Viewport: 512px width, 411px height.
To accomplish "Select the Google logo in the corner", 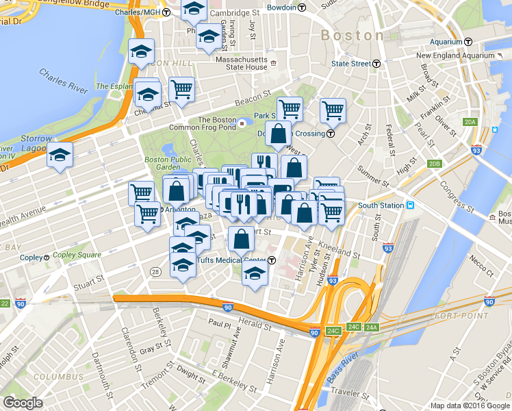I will [23, 403].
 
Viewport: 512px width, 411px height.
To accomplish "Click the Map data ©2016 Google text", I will [470, 406].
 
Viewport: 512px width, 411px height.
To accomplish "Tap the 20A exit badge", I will [469, 122].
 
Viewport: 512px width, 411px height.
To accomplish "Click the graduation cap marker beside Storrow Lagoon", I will [60, 156].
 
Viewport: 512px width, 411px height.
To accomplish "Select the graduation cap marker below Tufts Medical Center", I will [255, 275].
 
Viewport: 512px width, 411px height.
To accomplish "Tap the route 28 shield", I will [156, 272].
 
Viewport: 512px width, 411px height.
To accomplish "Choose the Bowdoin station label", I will [283, 8].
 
